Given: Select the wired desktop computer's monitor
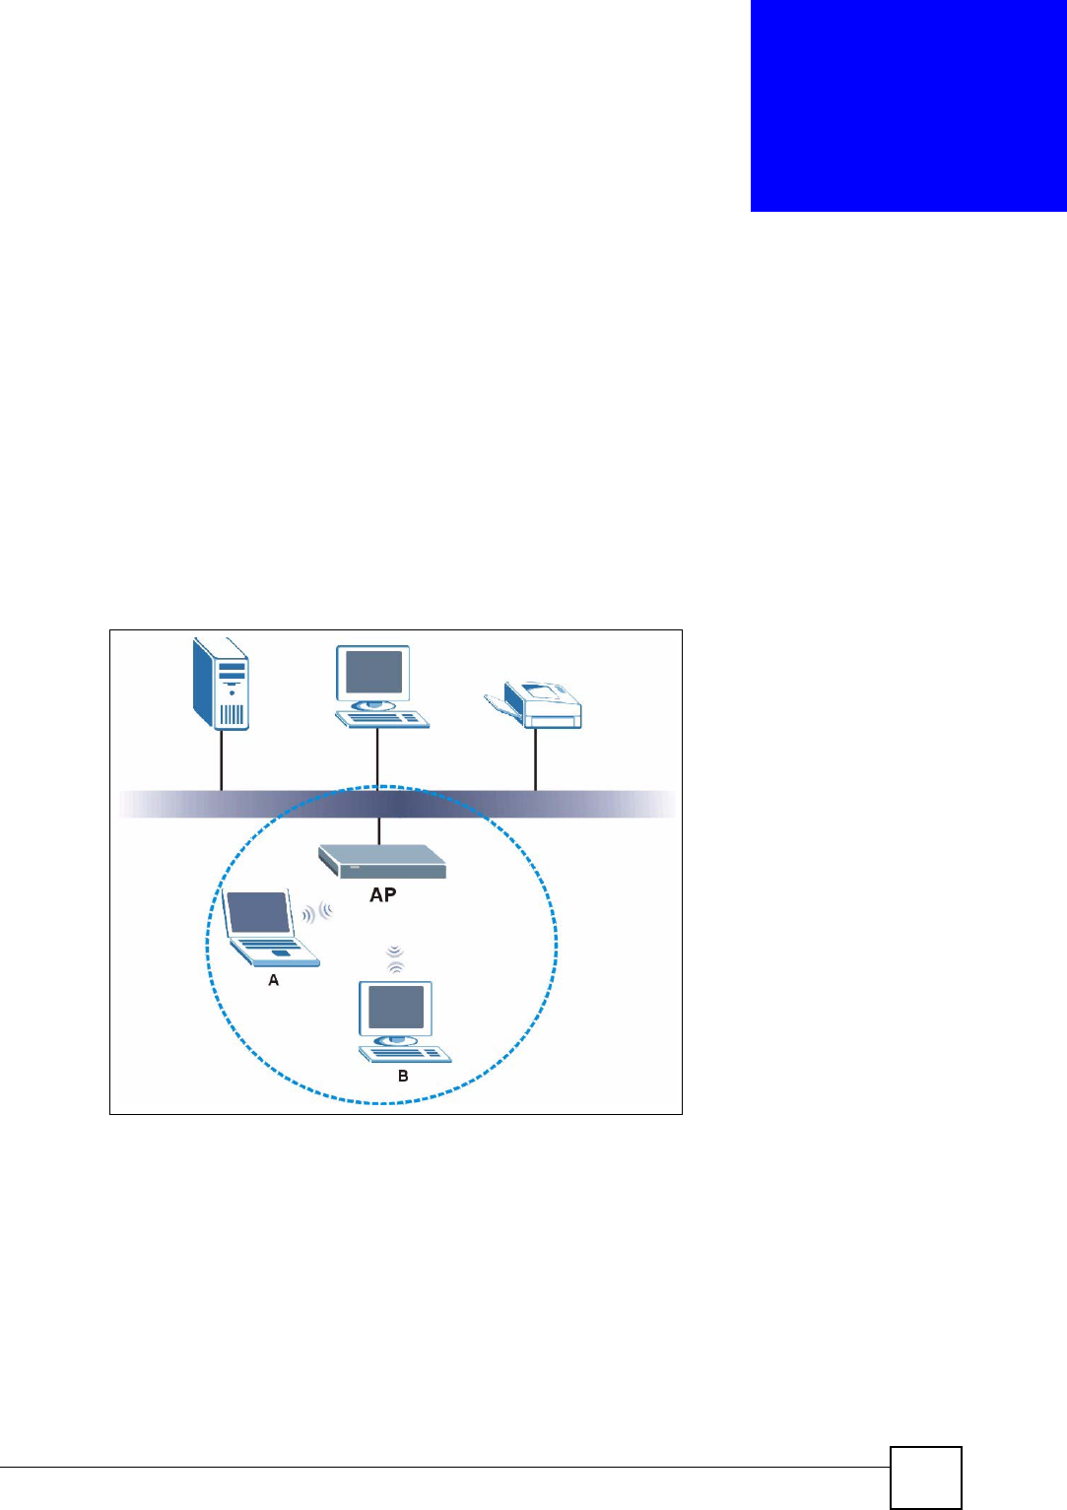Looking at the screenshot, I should pyautogui.click(x=371, y=672).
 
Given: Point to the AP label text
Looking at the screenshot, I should pyautogui.click(x=383, y=894).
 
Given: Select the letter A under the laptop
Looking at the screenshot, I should pyautogui.click(x=274, y=981).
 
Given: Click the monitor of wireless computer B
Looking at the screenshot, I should pyautogui.click(x=396, y=1008).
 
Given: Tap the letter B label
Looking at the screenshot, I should pyautogui.click(x=403, y=1077).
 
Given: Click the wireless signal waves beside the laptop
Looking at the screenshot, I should pyautogui.click(x=316, y=913).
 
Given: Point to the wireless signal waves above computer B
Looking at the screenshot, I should pyautogui.click(x=395, y=959).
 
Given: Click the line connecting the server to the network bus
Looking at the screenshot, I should pyautogui.click(x=221, y=759).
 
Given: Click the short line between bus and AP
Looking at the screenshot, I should pyautogui.click(x=378, y=830).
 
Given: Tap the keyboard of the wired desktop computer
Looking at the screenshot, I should pyautogui.click(x=383, y=719).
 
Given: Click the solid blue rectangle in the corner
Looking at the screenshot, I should pyautogui.click(x=907, y=105).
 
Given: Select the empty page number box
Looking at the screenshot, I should pyautogui.click(x=925, y=1477).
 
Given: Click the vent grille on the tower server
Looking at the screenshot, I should pyautogui.click(x=232, y=713).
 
